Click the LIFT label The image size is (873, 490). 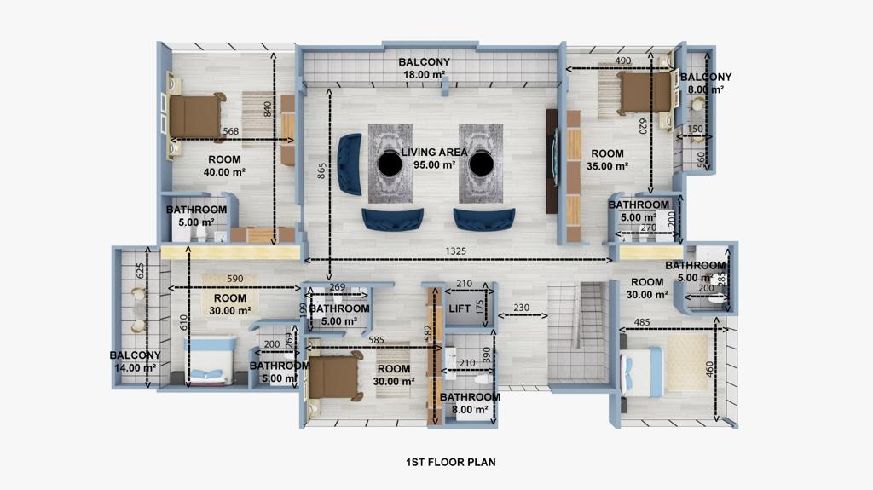pyautogui.click(x=460, y=308)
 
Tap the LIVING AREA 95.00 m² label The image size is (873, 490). pyautogui.click(x=434, y=159)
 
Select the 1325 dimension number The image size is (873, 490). pyautogui.click(x=455, y=251)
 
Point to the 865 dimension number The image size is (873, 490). pyautogui.click(x=321, y=171)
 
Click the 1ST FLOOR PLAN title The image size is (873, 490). pyautogui.click(x=450, y=462)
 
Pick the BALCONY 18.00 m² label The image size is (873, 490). pyautogui.click(x=424, y=68)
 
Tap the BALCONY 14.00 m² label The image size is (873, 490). pyautogui.click(x=135, y=361)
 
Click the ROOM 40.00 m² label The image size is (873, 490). pyautogui.click(x=224, y=166)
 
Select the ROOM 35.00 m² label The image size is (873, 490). pyautogui.click(x=607, y=160)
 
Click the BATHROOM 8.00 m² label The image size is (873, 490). pyautogui.click(x=470, y=403)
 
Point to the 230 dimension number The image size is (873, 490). pyautogui.click(x=522, y=308)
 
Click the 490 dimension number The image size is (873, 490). pyautogui.click(x=623, y=61)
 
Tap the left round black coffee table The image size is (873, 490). pyautogui.click(x=390, y=164)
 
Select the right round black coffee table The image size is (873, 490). pyautogui.click(x=481, y=164)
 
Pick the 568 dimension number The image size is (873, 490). pyautogui.click(x=230, y=131)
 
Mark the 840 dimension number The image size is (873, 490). pyautogui.click(x=267, y=109)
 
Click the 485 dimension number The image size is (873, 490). pyautogui.click(x=642, y=322)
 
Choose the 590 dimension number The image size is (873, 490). pyautogui.click(x=235, y=279)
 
